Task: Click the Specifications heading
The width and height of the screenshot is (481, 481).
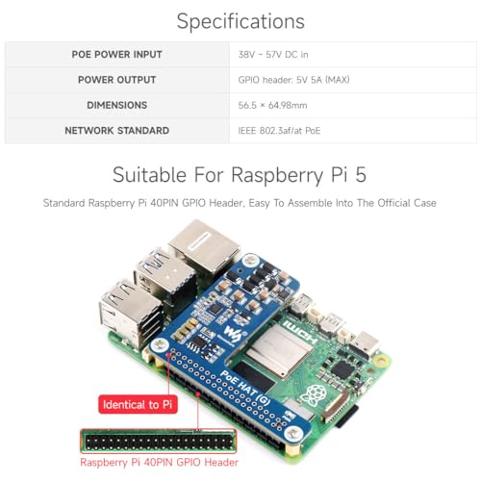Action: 240,22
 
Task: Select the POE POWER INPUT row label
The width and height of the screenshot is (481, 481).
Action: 116,55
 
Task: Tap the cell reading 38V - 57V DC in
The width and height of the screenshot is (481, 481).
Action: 273,55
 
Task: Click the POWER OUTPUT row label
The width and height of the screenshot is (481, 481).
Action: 116,80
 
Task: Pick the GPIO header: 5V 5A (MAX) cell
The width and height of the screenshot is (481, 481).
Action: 293,80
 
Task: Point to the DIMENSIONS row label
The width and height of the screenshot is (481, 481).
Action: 116,105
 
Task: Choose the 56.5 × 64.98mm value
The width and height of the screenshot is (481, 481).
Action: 272,105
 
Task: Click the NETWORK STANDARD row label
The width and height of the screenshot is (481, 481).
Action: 116,131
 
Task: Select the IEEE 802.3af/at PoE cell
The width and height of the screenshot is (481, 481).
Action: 279,131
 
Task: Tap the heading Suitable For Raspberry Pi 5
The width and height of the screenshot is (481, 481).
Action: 240,175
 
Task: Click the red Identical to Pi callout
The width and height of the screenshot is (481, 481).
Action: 138,404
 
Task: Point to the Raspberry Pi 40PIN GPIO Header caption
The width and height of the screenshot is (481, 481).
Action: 159,463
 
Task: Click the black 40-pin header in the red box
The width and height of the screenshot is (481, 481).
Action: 159,442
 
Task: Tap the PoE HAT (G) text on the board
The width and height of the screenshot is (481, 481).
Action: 245,389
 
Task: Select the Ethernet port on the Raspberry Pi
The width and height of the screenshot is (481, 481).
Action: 205,248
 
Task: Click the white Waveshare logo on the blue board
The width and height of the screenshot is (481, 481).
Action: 233,333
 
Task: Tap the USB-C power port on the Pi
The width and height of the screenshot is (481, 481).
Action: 364,347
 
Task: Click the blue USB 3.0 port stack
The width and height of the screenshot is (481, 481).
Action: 165,276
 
